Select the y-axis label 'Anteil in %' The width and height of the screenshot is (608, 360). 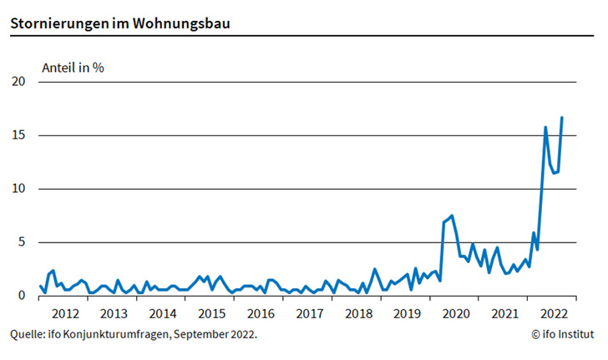pyautogui.click(x=73, y=67)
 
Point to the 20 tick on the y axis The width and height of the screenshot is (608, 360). pyautogui.click(x=19, y=82)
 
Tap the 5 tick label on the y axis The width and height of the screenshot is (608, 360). pyautogui.click(x=23, y=242)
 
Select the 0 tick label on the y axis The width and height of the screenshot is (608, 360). pyautogui.click(x=23, y=296)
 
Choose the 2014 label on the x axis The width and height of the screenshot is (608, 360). pyautogui.click(x=162, y=313)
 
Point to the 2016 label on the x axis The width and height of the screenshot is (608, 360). pyautogui.click(x=261, y=313)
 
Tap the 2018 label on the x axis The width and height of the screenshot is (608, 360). pyautogui.click(x=358, y=313)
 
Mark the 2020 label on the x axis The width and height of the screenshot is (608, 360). pyautogui.click(x=456, y=313)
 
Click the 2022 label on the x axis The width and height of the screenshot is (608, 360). pyautogui.click(x=554, y=313)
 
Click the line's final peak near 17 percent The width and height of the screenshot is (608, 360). pyautogui.click(x=561, y=118)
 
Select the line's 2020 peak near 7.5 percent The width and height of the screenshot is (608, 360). pyautogui.click(x=452, y=215)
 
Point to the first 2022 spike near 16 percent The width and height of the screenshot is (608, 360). pyautogui.click(x=545, y=127)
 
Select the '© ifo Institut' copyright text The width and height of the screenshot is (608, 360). pyautogui.click(x=562, y=334)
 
